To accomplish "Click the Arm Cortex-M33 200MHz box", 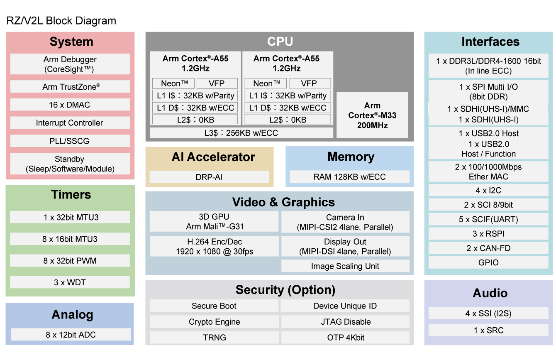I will coord(372,115).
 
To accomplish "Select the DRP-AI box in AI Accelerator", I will coord(209,177).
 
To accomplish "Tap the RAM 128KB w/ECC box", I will coord(349,177).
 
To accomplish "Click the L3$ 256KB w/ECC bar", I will coord(241,133).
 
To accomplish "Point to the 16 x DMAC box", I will coord(70,105).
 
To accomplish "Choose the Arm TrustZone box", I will coord(70,87).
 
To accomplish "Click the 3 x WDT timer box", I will coord(70,282).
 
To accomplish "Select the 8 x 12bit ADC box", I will coord(71,335).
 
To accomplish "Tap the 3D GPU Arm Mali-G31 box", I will coord(214,222).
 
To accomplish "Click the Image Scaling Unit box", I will coord(345,266).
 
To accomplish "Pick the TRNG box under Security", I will coord(214,338).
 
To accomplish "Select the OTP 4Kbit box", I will coord(346,338).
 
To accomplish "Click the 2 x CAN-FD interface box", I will coord(488,248).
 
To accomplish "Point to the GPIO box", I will coord(488,262).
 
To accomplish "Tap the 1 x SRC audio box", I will coord(488,331).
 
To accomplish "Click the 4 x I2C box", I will coord(488,191).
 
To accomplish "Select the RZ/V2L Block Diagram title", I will coord(61,21).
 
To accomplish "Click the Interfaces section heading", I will coord(490,42).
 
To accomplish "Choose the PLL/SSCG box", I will coord(70,141).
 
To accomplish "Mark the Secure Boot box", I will coord(214,306).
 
